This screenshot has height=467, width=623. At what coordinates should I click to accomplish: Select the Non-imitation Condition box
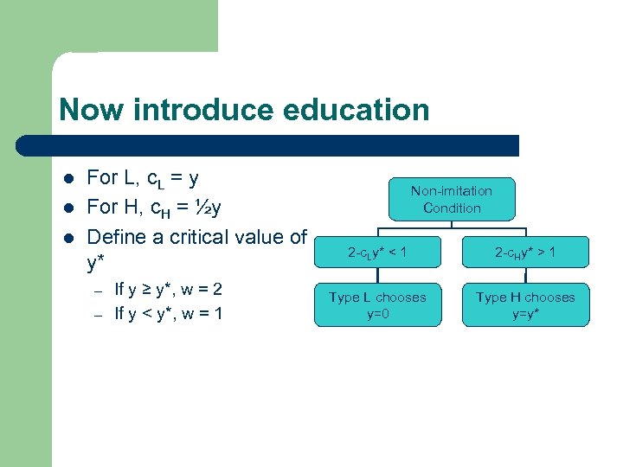click(451, 199)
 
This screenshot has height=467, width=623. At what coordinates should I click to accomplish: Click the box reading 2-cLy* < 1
click(377, 253)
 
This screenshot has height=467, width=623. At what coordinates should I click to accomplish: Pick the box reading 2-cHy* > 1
click(525, 253)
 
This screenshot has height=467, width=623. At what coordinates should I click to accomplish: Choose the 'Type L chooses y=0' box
click(377, 305)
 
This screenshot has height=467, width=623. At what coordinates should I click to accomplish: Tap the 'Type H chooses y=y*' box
click(525, 305)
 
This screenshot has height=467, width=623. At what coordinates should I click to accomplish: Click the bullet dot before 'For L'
click(68, 179)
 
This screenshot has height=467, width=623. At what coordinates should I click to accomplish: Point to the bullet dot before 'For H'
click(68, 208)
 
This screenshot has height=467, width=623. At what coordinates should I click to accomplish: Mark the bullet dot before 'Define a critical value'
click(68, 238)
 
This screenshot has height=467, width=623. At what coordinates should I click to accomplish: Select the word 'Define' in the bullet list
click(116, 237)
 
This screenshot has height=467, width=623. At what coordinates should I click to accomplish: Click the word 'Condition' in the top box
click(452, 208)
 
